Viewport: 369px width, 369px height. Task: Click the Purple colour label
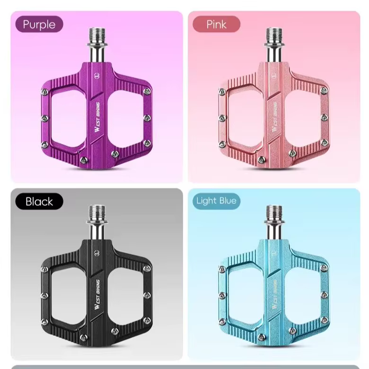pos(39,24)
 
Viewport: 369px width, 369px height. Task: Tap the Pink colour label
pos(216,24)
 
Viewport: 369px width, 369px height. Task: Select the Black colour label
pos(39,202)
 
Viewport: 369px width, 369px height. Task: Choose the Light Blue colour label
pos(216,201)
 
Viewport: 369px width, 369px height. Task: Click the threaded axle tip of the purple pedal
pos(97,35)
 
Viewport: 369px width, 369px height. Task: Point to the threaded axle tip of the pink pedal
pos(274,35)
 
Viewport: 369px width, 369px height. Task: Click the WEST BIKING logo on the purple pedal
pos(97,117)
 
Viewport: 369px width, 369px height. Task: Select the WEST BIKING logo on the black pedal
pos(97,294)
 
